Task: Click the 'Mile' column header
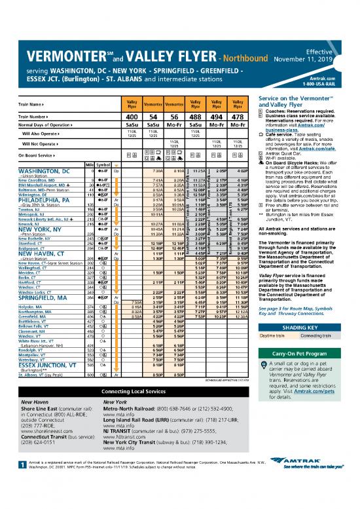[x=81, y=164]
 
